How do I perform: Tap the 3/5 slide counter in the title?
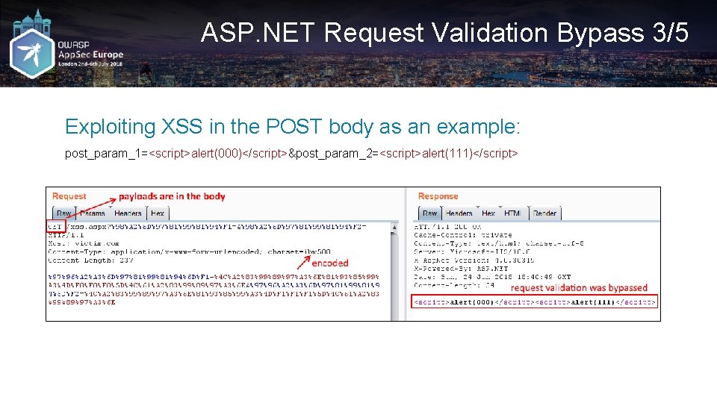click(x=668, y=33)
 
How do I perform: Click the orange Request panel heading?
click(x=69, y=196)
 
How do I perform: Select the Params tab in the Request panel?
click(x=93, y=213)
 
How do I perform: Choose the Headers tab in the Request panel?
click(x=128, y=213)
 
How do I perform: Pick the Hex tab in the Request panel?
click(x=158, y=213)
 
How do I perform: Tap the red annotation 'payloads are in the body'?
click(x=172, y=196)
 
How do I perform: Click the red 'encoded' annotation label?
click(x=330, y=263)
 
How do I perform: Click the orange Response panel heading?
click(x=438, y=196)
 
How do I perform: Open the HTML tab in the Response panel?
click(x=512, y=213)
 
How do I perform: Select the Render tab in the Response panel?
click(x=544, y=213)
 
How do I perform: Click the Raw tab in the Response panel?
click(x=430, y=213)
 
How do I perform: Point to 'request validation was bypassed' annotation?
click(x=579, y=288)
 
